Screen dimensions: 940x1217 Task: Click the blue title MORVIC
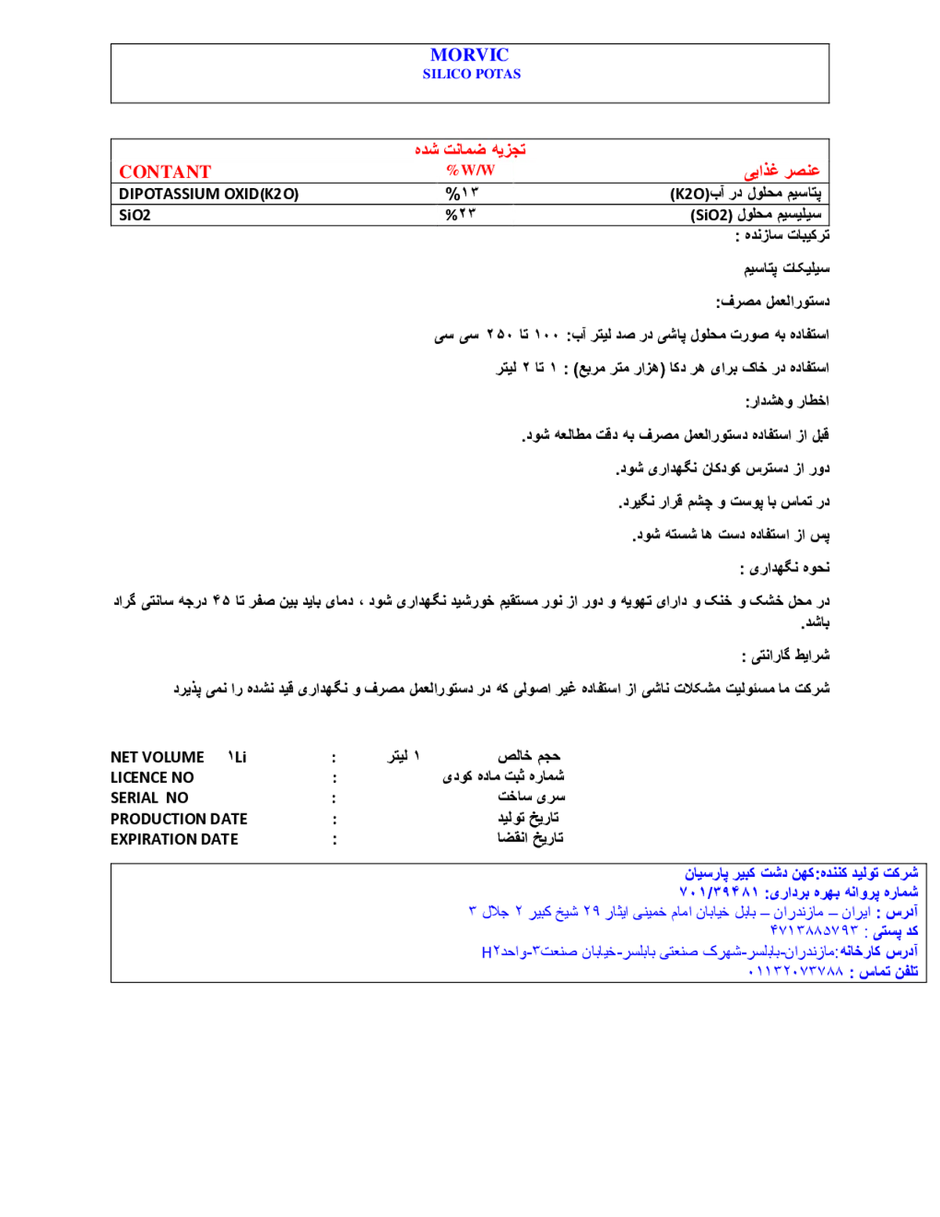469,55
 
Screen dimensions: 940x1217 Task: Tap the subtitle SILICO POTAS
472,74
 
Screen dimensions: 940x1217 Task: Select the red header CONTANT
165,172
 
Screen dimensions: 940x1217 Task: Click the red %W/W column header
470,170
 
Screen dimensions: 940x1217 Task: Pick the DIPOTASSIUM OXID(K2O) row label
209,194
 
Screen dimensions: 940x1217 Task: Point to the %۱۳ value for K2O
462,194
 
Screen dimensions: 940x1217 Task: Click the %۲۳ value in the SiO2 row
461,215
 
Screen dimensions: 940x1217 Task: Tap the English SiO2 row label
135,215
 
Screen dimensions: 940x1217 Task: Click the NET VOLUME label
157,757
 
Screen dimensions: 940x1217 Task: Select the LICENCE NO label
152,778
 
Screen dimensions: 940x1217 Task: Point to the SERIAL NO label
150,798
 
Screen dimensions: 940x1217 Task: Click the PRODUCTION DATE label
179,820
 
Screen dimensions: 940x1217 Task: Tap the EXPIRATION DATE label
175,839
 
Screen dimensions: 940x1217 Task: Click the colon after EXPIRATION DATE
334,841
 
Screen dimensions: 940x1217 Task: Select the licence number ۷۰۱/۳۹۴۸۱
718,891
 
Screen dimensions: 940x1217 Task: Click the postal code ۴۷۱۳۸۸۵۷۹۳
814,930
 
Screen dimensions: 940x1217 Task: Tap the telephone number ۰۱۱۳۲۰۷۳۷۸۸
796,971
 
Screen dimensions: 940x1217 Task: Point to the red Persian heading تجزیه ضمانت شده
470,149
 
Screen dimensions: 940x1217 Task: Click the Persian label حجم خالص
529,757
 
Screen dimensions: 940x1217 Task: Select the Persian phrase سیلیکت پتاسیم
786,269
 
